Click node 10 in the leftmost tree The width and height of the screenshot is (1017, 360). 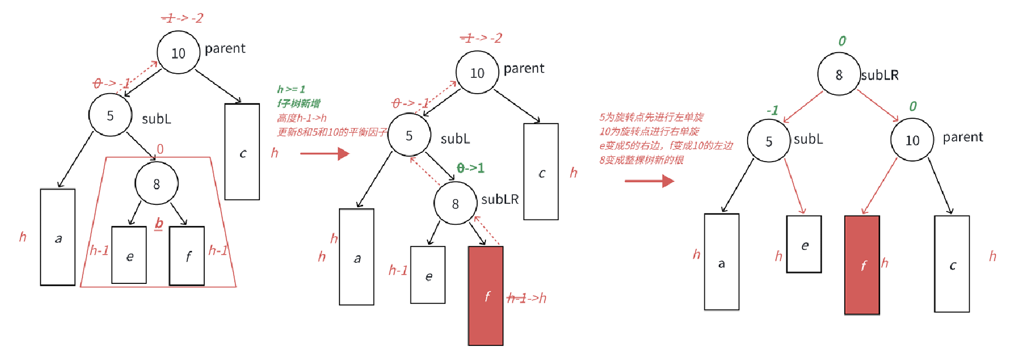coord(179,53)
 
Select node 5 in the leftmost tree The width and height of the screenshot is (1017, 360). coord(110,115)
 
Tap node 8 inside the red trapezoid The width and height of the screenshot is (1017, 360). coord(156,184)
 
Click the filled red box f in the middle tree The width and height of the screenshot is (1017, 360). coord(485,296)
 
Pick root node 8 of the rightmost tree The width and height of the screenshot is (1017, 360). coord(839,74)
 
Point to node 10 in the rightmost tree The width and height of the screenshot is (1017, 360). coord(912,140)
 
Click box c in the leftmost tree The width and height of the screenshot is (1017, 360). coord(242,152)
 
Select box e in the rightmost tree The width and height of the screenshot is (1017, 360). coord(804,244)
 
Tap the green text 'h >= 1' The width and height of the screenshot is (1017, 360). coord(291,90)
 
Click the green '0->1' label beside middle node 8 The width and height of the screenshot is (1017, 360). coord(471,169)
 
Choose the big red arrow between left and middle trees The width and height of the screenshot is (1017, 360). coord(324,154)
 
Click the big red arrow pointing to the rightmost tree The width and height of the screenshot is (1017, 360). coord(649,181)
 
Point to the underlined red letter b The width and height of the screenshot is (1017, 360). coord(159,223)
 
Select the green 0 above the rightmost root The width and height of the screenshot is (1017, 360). coord(842,41)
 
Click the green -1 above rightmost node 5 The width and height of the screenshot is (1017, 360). coord(772,110)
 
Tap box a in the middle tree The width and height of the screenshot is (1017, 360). coord(357,257)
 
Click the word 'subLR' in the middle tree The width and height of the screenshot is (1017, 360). coord(499,200)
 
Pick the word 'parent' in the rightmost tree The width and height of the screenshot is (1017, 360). coord(963,137)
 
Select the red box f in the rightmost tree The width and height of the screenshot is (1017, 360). coord(862,265)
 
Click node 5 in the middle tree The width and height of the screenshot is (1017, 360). coord(409,135)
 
